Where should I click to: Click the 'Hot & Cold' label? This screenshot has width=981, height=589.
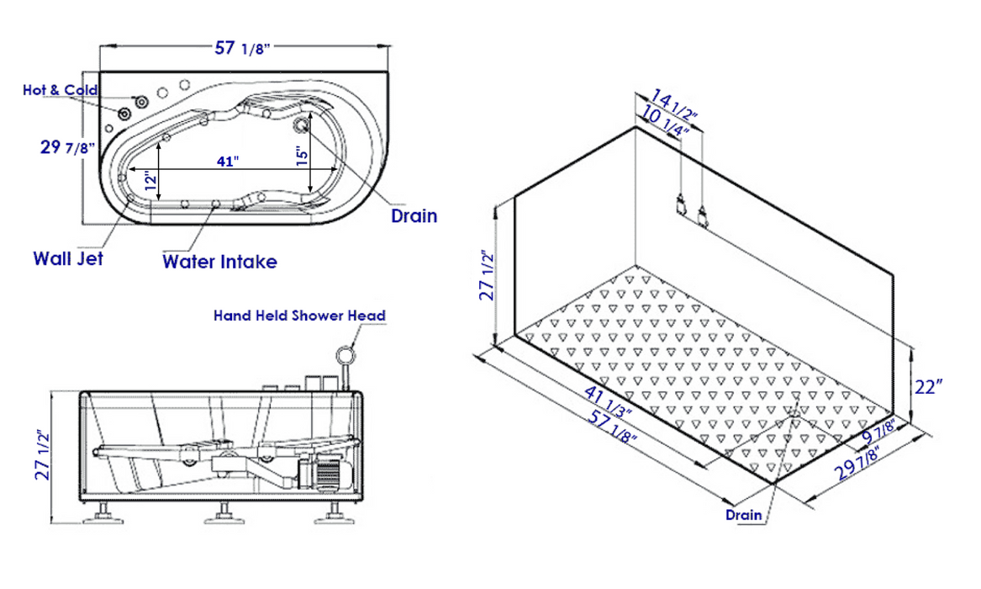coord(60,90)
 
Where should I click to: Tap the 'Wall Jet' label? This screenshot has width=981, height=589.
coord(68,258)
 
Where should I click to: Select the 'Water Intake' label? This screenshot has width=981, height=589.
coord(219,262)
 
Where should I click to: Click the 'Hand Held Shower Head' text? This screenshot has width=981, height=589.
coord(299,316)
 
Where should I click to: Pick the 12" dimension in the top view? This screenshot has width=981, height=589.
coord(149,180)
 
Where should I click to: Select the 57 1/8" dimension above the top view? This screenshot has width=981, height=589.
coord(241,48)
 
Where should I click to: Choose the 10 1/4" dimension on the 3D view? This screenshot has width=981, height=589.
coord(664,121)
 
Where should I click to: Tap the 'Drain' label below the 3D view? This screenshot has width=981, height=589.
coord(744,515)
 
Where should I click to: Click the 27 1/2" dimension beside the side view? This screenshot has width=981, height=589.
coord(43,455)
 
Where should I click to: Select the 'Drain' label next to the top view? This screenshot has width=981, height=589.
coord(414,215)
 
